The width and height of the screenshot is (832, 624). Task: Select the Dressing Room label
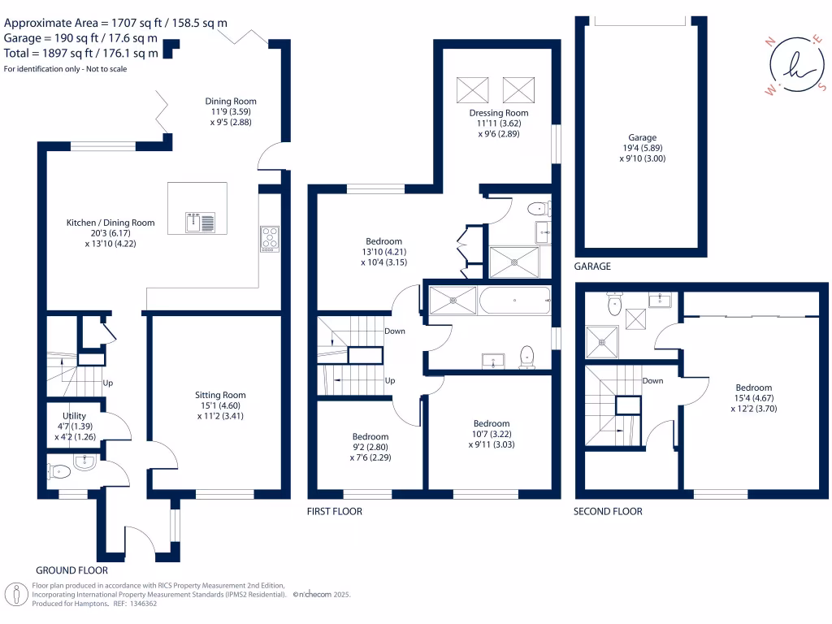pos(498,113)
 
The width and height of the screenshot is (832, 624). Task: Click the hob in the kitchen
pos(270,238)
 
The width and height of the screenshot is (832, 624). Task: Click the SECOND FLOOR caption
pos(608,511)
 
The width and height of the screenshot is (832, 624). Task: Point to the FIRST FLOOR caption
pos(335,511)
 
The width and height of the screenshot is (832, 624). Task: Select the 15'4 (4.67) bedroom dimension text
pos(753,399)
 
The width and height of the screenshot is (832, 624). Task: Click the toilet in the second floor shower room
pos(615,304)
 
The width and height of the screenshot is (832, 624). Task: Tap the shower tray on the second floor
pos(602,342)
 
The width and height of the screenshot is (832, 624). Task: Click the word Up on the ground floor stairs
pos(107,383)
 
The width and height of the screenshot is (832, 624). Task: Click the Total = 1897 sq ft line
pos(81,54)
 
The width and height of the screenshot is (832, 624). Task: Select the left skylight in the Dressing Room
pos(473,88)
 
